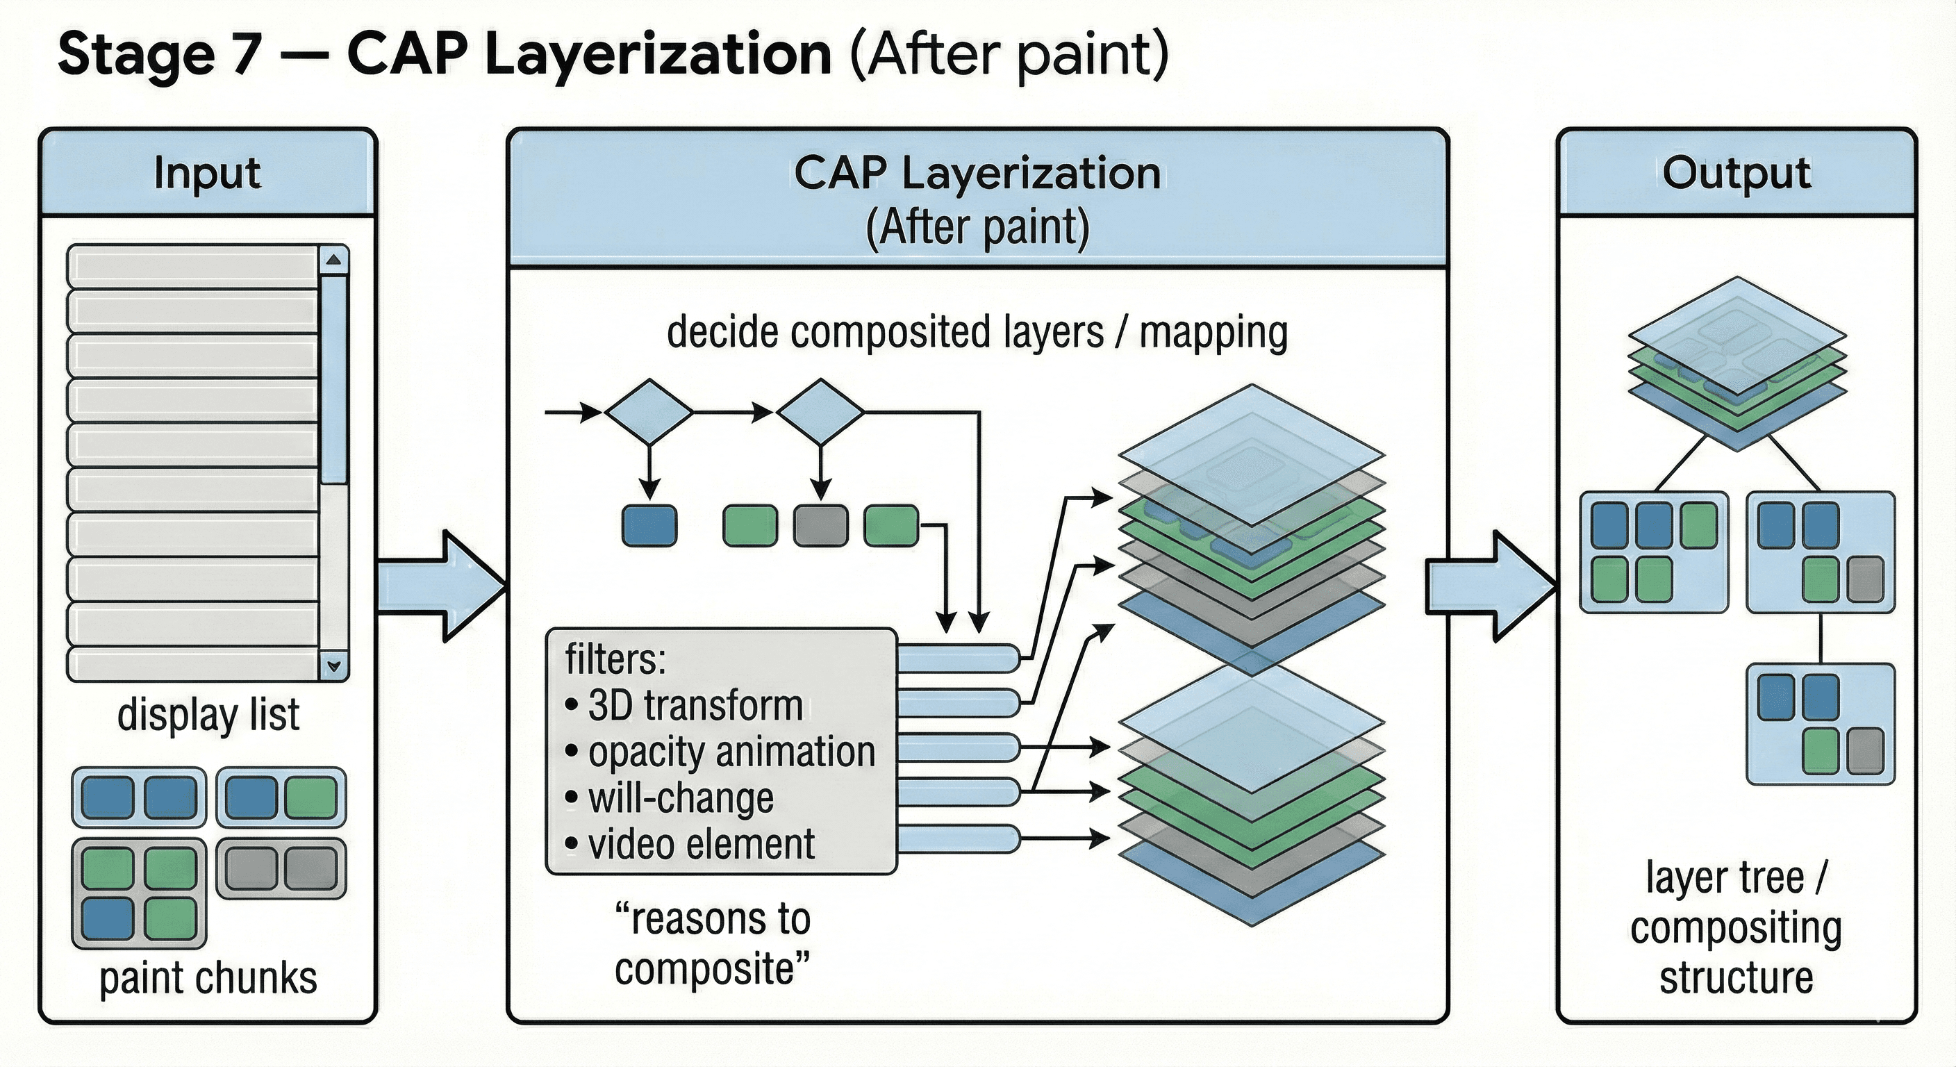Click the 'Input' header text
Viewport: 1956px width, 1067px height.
click(x=206, y=173)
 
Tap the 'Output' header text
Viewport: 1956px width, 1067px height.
click(x=1736, y=173)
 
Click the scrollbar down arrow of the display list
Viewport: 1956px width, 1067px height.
click(x=334, y=666)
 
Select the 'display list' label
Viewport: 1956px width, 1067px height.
click(x=208, y=716)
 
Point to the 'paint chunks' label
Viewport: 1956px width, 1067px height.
click(x=208, y=978)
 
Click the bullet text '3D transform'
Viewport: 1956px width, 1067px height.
click(x=695, y=706)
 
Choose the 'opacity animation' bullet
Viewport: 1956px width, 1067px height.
click(x=731, y=752)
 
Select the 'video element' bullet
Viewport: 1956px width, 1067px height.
click(x=701, y=845)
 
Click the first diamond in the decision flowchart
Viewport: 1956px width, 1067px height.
click(x=649, y=413)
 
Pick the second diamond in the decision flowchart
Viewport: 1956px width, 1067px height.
click(x=820, y=413)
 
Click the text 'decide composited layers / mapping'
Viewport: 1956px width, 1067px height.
click(x=977, y=333)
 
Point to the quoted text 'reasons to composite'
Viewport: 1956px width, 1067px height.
click(x=712, y=944)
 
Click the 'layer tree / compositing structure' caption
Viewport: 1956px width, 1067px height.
click(x=1736, y=927)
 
